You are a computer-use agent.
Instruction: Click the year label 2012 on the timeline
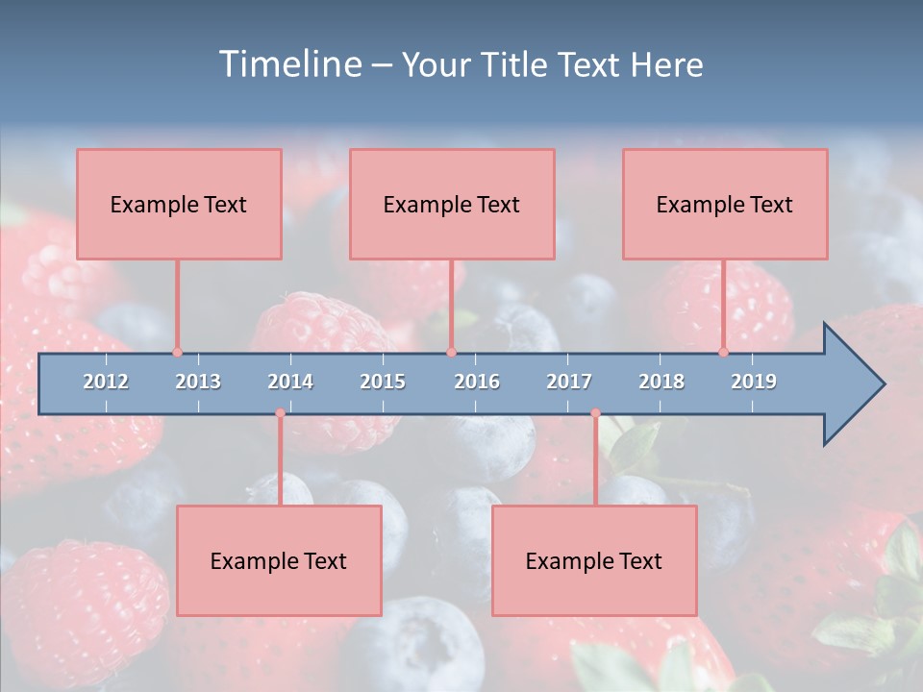[106, 382]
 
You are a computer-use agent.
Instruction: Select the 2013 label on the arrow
[198, 382]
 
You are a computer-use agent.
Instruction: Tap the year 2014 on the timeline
[290, 382]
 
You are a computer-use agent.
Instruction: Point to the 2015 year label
[383, 382]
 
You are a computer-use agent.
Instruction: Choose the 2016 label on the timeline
[477, 382]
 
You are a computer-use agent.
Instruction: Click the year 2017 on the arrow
[569, 382]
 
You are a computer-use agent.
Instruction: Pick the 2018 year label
[661, 382]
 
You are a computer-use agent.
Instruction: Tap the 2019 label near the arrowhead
[754, 382]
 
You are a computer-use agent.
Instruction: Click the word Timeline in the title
[288, 64]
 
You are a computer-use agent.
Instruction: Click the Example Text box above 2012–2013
[179, 204]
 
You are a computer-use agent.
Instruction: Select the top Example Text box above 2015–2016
[452, 204]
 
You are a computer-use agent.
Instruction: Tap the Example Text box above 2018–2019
[725, 204]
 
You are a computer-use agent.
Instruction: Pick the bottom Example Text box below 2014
[279, 560]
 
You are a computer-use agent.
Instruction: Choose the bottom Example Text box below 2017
[594, 560]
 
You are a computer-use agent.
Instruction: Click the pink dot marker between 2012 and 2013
[177, 352]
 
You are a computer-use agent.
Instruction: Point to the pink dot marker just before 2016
[451, 352]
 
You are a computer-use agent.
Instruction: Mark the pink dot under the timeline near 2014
[280, 413]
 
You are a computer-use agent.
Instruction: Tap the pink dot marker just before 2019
[723, 352]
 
